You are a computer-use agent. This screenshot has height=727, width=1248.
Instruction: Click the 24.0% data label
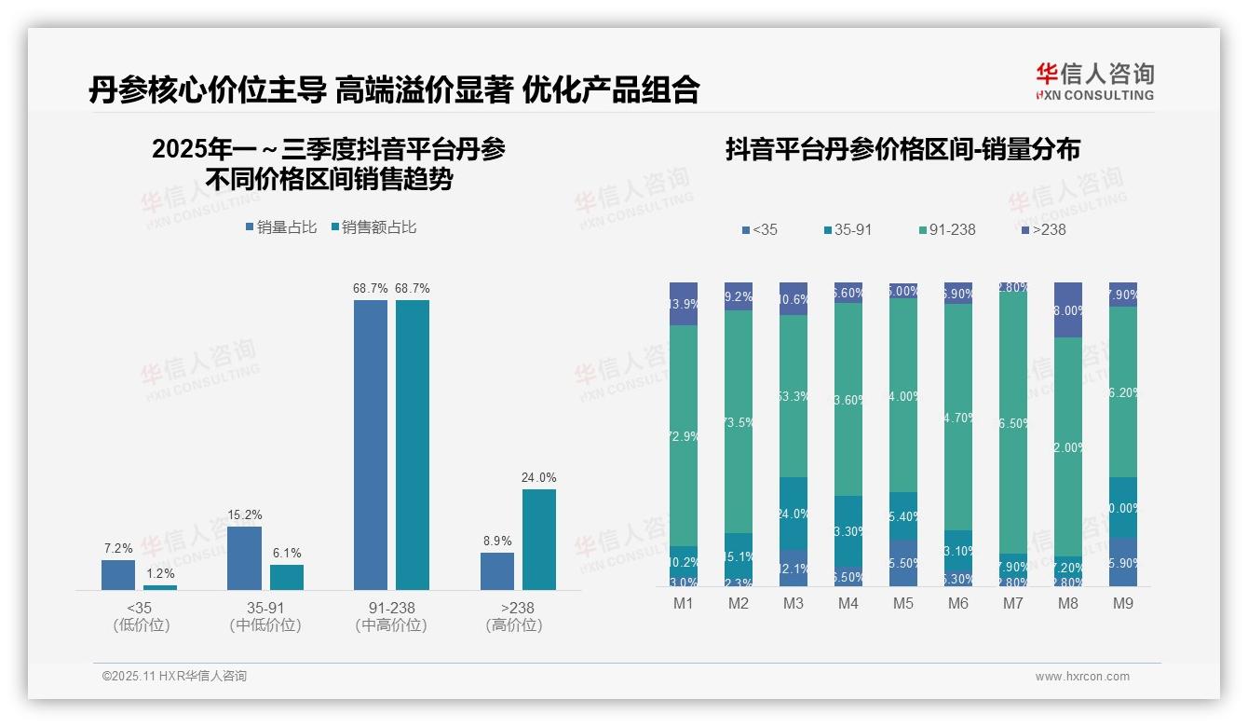[x=538, y=478]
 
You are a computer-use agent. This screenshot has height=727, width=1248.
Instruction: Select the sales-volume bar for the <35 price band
[x=118, y=574]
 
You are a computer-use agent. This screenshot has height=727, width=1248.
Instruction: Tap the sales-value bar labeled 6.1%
[x=287, y=577]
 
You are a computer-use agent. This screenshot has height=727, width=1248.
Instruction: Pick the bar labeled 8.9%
[x=497, y=570]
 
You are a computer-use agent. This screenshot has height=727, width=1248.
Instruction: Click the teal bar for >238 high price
[x=538, y=539]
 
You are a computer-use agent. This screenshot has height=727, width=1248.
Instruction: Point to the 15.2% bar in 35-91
[x=244, y=557]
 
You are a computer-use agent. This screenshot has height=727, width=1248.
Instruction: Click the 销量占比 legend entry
[x=281, y=227]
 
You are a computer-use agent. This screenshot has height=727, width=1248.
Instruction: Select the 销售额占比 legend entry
[x=373, y=227]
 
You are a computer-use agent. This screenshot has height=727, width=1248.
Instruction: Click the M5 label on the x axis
[x=903, y=604]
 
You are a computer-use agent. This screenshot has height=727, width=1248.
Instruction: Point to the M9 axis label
[x=1123, y=604]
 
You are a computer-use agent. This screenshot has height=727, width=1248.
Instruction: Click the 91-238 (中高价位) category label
[x=391, y=616]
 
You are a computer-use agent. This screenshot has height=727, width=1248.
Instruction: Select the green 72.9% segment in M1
[x=684, y=434]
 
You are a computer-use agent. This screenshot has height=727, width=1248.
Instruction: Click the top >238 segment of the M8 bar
[x=1068, y=309]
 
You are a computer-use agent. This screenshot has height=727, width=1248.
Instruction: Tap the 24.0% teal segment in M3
[x=794, y=514]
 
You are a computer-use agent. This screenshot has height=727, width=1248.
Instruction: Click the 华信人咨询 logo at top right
[x=1094, y=81]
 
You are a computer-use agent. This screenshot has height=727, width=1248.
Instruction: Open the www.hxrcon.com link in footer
[x=1082, y=677]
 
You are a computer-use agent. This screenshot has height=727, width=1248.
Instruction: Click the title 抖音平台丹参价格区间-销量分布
[x=902, y=150]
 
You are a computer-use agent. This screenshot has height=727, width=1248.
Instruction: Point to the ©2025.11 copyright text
[x=174, y=677]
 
